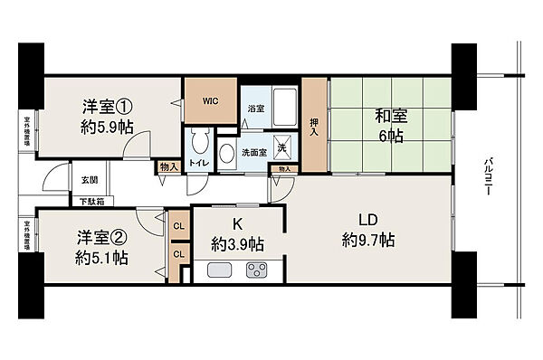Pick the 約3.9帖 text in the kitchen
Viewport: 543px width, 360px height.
tap(238, 243)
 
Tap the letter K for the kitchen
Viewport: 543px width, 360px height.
tap(238, 223)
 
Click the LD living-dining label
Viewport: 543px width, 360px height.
tap(369, 219)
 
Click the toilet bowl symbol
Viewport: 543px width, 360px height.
tap(198, 145)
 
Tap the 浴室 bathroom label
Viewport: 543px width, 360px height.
tap(257, 109)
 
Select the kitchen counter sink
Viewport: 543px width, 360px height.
tap(220, 270)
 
